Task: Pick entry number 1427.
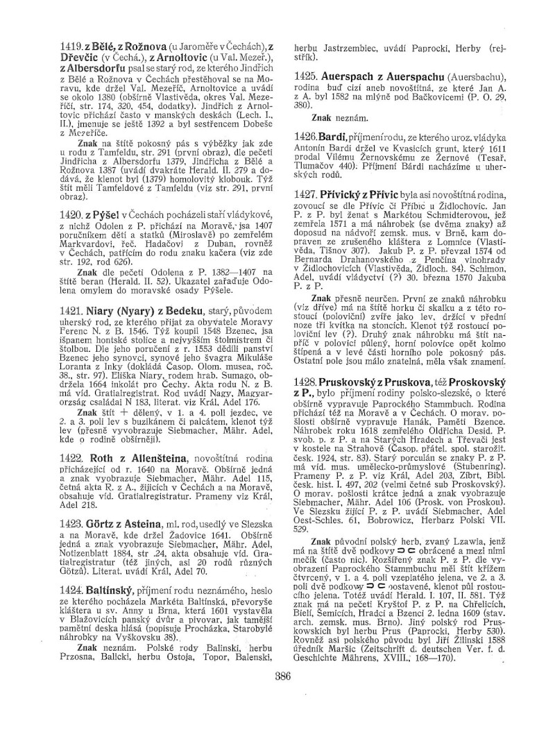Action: point(307,196)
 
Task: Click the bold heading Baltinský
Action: point(94,567)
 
